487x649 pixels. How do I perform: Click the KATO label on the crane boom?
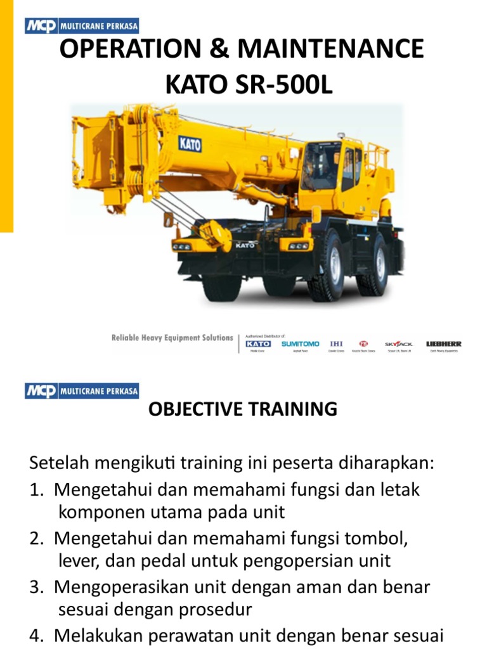(x=190, y=144)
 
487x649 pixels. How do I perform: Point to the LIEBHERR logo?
(x=444, y=344)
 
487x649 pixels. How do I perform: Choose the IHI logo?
(x=337, y=344)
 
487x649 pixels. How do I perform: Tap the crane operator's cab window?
(x=320, y=166)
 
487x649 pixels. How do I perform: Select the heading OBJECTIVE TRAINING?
(x=243, y=409)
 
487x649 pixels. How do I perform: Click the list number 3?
(x=36, y=587)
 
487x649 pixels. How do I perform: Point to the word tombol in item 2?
(x=371, y=539)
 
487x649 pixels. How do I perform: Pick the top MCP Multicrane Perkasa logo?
(x=82, y=26)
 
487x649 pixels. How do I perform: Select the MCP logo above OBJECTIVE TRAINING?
(x=82, y=390)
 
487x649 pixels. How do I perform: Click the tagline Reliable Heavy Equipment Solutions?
(x=172, y=338)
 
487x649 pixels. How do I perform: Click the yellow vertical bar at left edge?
(x=6, y=114)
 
